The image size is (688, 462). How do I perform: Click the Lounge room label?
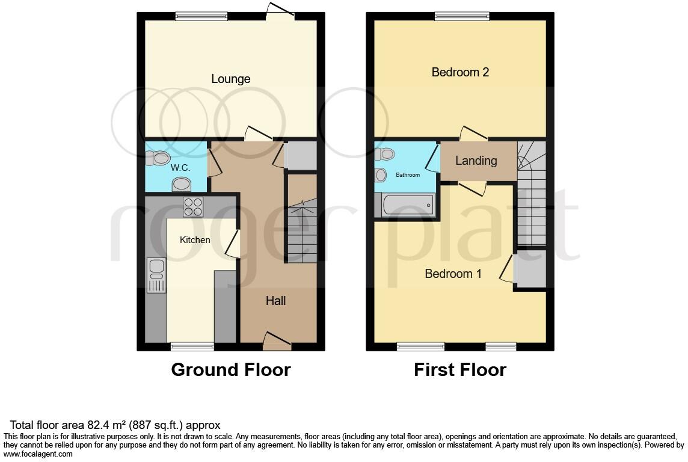pyautogui.click(x=231, y=79)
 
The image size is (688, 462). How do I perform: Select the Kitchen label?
pyautogui.click(x=195, y=240)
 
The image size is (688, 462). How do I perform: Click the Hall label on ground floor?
pyautogui.click(x=276, y=301)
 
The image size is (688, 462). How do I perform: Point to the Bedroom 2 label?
pyautogui.click(x=460, y=72)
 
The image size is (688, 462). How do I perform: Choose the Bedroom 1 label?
pyautogui.click(x=453, y=274)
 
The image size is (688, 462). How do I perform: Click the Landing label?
pyautogui.click(x=476, y=161)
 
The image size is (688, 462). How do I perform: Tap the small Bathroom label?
pyautogui.click(x=407, y=175)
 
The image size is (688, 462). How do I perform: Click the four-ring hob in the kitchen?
pyautogui.click(x=193, y=207)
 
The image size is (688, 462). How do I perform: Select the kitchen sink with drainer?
pyautogui.click(x=156, y=274)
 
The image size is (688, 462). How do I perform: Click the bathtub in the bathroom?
pyautogui.click(x=408, y=205)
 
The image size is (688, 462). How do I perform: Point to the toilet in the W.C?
pyautogui.click(x=158, y=158)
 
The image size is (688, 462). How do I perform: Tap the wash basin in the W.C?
pyautogui.click(x=181, y=183)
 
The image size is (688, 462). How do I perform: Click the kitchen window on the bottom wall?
pyautogui.click(x=192, y=346)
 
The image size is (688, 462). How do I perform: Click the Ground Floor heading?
pyautogui.click(x=231, y=369)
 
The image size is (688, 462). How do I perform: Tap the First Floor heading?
pyautogui.click(x=460, y=369)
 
